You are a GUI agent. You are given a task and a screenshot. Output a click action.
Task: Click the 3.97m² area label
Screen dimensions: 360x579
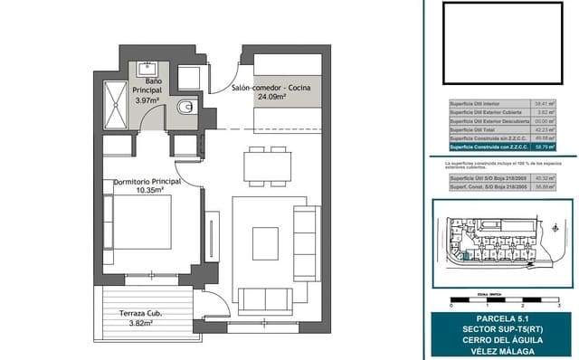pyautogui.click(x=147, y=101)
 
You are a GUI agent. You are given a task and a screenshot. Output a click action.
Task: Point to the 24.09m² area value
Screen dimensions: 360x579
pyautogui.click(x=272, y=97)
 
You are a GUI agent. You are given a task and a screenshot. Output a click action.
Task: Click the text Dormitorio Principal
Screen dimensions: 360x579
pyautogui.click(x=147, y=182)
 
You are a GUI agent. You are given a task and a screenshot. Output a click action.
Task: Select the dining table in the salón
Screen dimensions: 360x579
pyautogui.click(x=269, y=165)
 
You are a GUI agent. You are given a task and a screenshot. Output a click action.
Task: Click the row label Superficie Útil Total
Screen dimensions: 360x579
pyautogui.click(x=478, y=129)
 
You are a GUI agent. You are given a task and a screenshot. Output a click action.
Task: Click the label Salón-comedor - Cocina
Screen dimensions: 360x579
pyautogui.click(x=271, y=87)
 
